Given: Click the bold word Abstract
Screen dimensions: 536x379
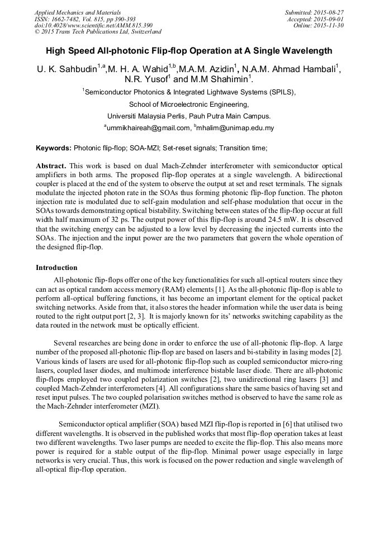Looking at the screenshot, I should (x=51, y=167).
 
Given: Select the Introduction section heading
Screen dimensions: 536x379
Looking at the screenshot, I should (x=56, y=268).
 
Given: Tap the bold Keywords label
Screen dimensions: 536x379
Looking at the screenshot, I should (x=54, y=148).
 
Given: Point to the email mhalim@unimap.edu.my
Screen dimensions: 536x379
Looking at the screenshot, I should (x=234, y=128).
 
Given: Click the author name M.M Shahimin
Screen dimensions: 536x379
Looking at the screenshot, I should (x=222, y=80).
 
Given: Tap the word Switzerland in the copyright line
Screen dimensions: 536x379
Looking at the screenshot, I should (x=143, y=32).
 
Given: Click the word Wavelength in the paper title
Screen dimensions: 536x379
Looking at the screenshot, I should (x=305, y=50).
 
